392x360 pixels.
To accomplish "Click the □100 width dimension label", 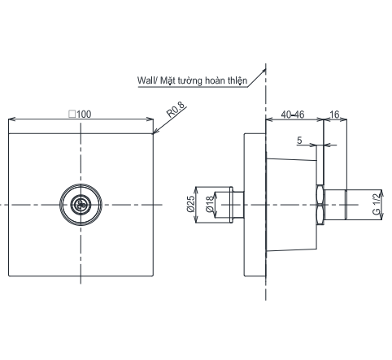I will (80, 115).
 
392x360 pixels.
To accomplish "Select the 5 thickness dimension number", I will (300, 141).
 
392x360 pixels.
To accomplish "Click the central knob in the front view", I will (80, 204).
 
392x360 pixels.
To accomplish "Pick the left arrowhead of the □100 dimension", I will (11, 121).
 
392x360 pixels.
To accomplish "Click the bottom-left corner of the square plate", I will (8, 276).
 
